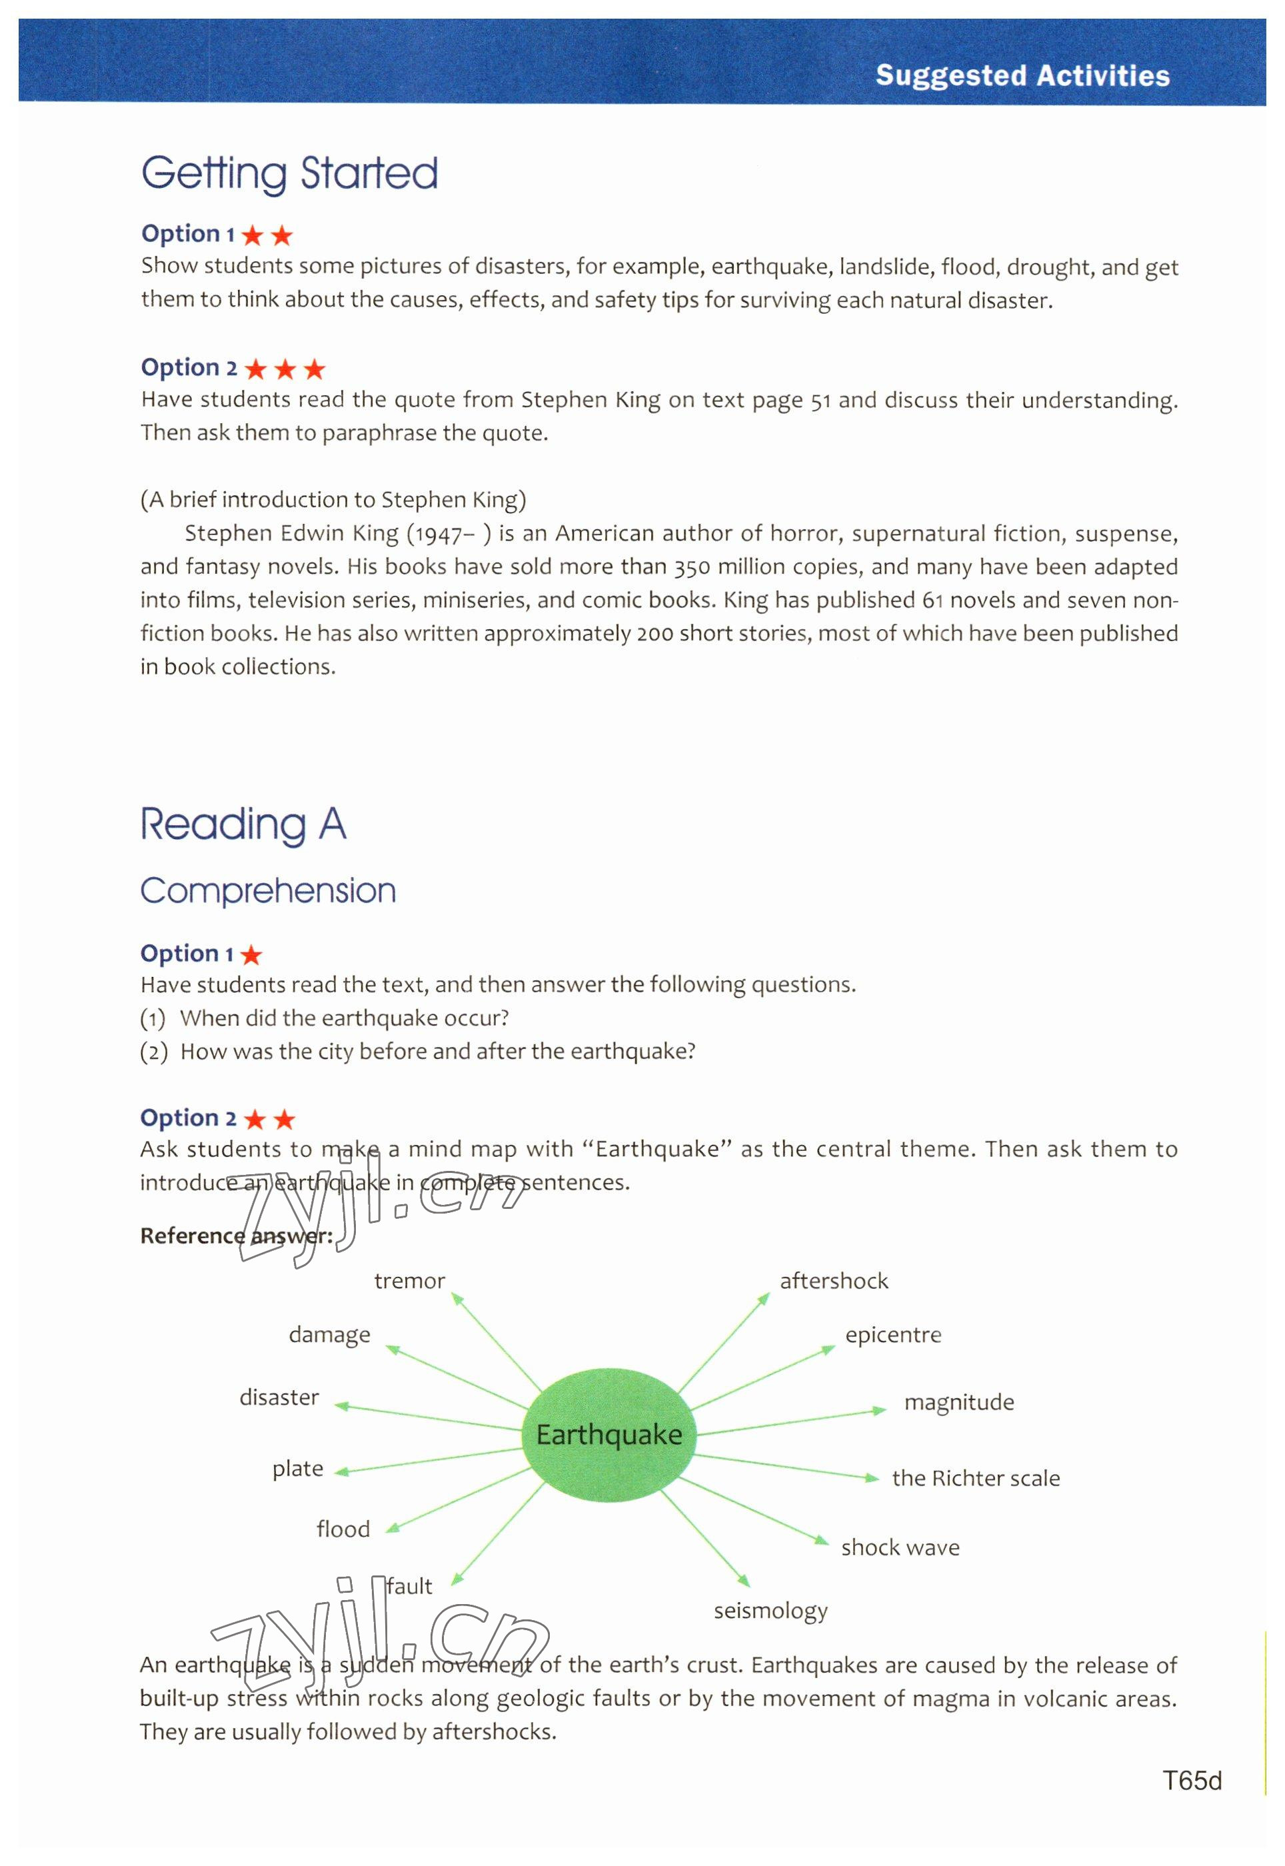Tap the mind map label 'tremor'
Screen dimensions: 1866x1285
point(409,1281)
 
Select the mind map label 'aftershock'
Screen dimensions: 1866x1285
point(833,1281)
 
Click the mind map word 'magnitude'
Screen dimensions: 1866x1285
point(958,1402)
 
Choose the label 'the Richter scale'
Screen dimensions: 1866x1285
point(975,1478)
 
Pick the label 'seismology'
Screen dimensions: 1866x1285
point(770,1610)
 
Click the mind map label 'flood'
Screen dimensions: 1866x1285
point(343,1529)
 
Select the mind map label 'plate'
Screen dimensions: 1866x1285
point(297,1468)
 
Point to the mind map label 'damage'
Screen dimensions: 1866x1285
point(329,1335)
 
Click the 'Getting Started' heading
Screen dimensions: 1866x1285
point(289,174)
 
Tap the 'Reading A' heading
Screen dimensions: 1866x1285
point(243,824)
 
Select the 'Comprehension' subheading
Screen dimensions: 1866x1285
point(267,891)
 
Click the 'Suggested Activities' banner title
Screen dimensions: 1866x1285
point(1022,76)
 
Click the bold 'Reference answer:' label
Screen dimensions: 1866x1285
point(236,1236)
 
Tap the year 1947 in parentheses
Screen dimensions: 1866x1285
point(438,534)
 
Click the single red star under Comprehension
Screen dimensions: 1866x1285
point(251,955)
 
